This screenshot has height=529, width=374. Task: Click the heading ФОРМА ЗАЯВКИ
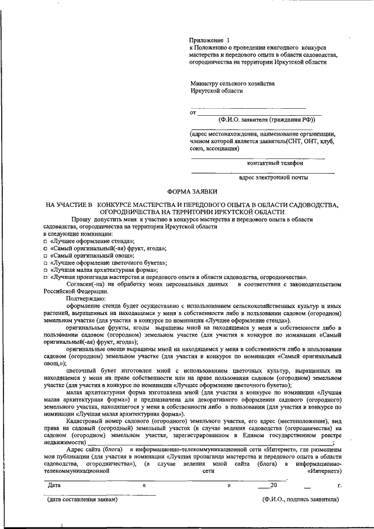coord(192,191)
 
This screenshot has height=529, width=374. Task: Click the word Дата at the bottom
coord(54,485)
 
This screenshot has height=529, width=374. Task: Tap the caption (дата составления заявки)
coord(82,500)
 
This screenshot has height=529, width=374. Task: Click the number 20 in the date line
coord(273,485)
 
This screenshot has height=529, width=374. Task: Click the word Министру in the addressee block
coord(208,84)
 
